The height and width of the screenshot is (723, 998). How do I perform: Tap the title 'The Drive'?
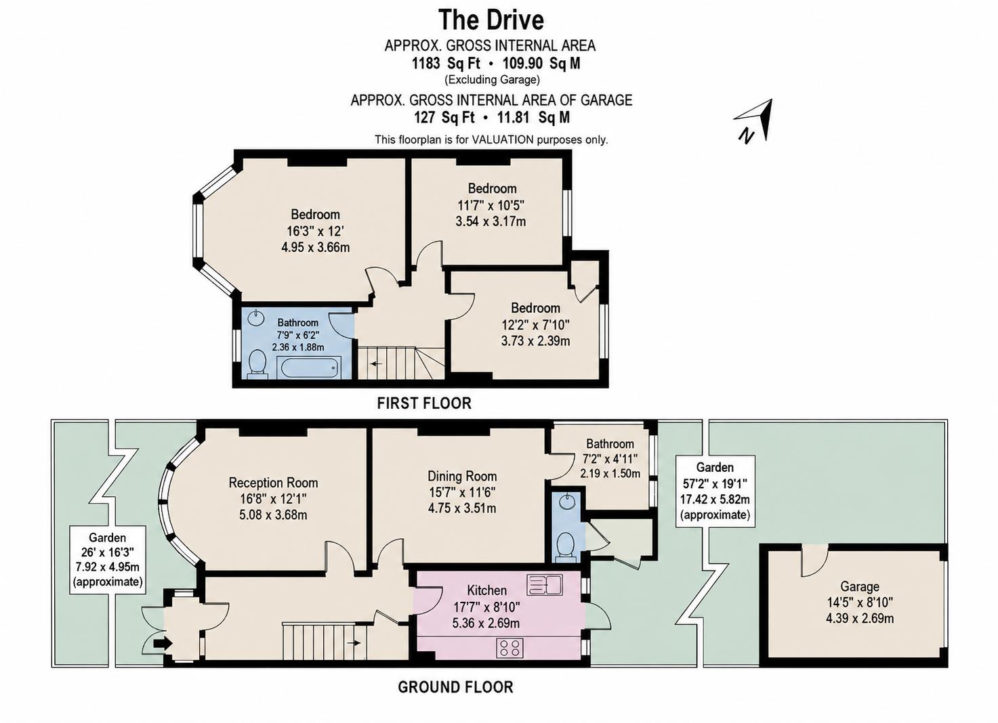(x=491, y=20)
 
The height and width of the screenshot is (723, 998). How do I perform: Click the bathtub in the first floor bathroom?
(x=308, y=368)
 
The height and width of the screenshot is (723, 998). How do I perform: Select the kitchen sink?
(x=545, y=584)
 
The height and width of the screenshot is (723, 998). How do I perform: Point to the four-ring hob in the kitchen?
(x=510, y=648)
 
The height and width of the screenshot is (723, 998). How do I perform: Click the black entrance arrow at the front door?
(x=163, y=643)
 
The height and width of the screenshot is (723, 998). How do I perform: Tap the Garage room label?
(x=860, y=587)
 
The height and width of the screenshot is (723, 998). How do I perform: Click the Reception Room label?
(x=273, y=483)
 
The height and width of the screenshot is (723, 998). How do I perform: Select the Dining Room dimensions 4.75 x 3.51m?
(x=462, y=508)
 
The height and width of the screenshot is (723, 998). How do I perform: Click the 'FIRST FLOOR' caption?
(x=424, y=403)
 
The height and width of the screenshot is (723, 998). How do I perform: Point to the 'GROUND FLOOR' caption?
(x=455, y=687)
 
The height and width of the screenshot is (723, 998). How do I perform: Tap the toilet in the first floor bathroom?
(x=257, y=364)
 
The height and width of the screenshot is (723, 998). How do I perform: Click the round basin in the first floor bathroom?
(x=255, y=318)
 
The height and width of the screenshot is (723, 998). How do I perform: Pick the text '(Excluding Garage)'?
(x=493, y=80)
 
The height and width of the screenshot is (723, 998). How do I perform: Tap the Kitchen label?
(x=486, y=590)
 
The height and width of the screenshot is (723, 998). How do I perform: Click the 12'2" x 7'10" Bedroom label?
(x=535, y=324)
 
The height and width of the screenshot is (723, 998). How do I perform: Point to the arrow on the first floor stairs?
(x=377, y=364)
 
